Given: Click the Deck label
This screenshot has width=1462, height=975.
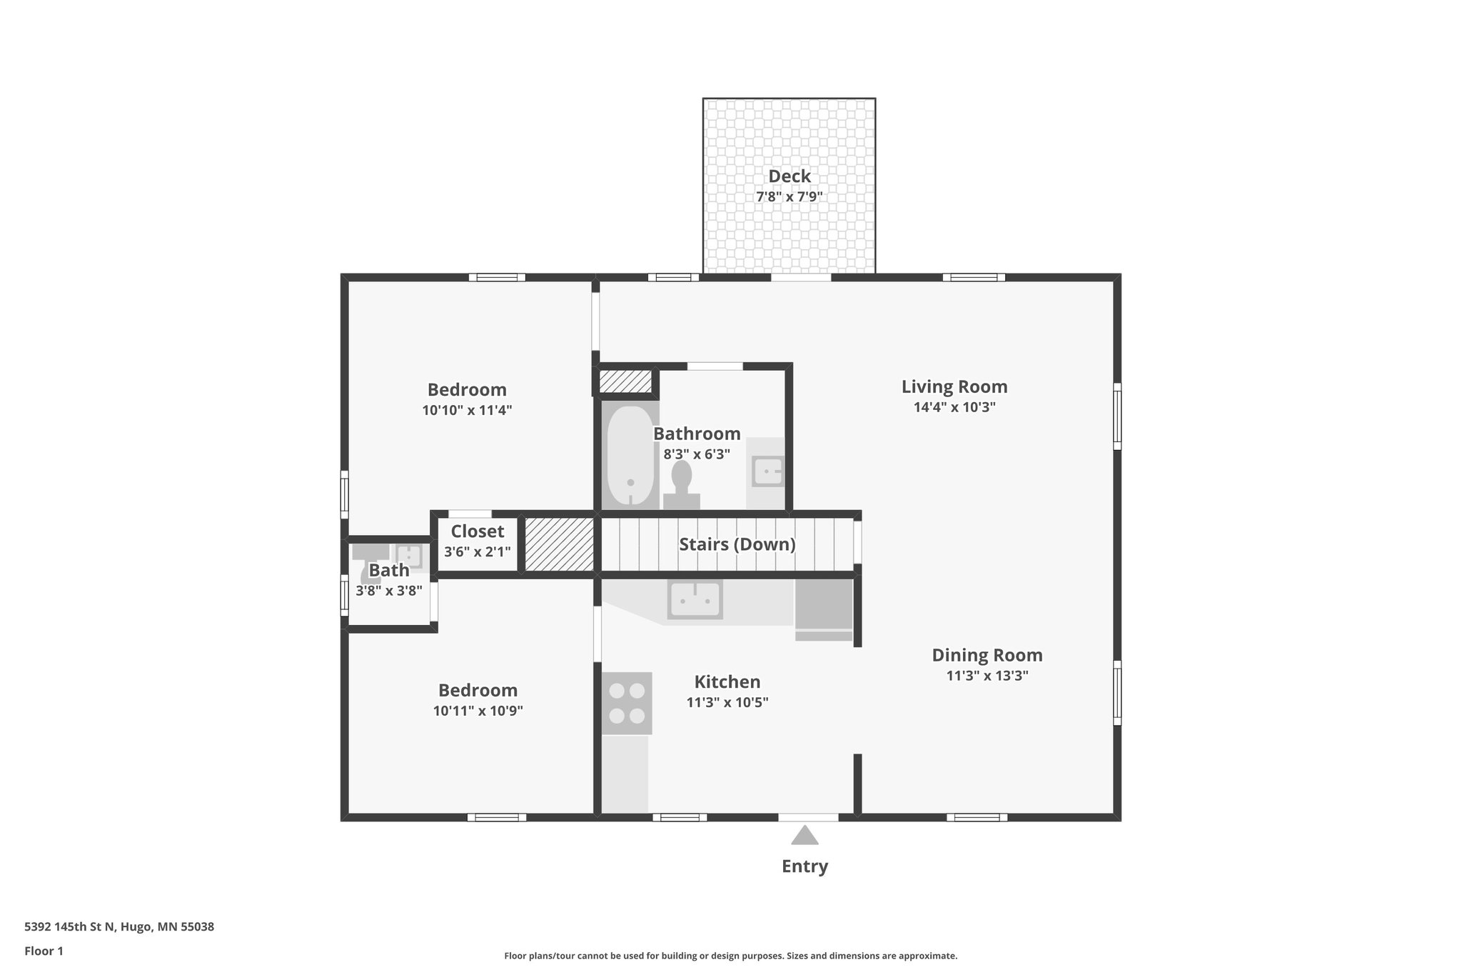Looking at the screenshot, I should (x=789, y=176).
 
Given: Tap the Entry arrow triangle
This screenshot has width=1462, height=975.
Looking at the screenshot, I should (x=805, y=836).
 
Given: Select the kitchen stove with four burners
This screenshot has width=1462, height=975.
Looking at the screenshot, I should (x=627, y=703).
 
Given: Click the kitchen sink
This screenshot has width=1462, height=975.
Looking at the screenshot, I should (x=695, y=599).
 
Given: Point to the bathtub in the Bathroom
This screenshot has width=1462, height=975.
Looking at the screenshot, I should (x=630, y=456).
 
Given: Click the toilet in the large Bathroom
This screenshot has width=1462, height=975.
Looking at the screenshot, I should (x=682, y=484).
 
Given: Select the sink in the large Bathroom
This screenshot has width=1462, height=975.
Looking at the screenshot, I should (x=768, y=471).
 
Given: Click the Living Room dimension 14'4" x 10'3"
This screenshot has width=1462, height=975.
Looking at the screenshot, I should (x=954, y=408).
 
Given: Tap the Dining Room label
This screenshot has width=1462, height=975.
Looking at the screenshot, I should (x=987, y=655).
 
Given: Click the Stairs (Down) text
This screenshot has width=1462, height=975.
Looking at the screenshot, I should (x=737, y=544).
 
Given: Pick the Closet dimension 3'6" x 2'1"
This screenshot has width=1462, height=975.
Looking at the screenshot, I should (x=477, y=551).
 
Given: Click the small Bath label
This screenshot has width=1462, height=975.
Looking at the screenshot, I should (x=389, y=570).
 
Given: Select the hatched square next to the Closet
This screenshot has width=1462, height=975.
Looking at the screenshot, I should (x=560, y=544).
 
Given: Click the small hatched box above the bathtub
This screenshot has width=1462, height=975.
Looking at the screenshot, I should (x=625, y=381).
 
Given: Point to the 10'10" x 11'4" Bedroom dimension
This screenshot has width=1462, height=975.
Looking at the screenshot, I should (x=467, y=411).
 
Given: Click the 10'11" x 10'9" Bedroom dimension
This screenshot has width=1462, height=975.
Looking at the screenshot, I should (x=478, y=711).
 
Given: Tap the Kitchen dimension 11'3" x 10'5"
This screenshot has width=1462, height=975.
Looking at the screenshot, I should (x=727, y=703).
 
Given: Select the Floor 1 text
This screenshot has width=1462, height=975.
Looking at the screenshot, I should (x=44, y=951).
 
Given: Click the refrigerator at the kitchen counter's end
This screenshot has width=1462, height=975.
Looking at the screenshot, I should (x=824, y=607).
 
